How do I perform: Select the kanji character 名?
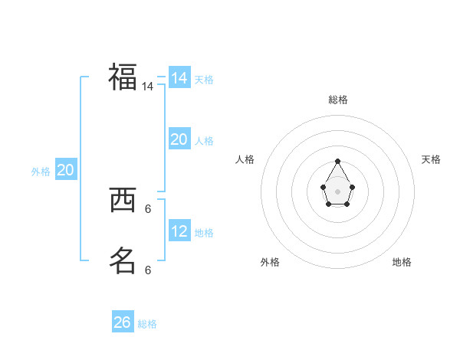tap(123, 260)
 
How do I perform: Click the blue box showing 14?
tap(179, 78)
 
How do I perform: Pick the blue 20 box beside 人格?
tap(179, 139)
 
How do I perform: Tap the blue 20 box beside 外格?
tap(65, 170)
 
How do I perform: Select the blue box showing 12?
tap(179, 231)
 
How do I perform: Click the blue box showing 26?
tap(123, 322)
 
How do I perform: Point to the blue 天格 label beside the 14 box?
tap(204, 80)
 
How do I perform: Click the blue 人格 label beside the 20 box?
tap(204, 141)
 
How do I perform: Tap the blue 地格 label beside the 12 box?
tap(204, 233)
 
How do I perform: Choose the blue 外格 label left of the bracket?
tap(41, 172)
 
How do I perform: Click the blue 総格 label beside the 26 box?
tap(147, 324)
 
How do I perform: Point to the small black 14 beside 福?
tap(147, 87)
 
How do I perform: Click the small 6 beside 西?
tap(147, 208)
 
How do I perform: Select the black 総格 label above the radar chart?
tap(338, 100)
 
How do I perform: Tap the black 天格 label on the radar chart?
tap(431, 159)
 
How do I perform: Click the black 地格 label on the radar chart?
tap(402, 262)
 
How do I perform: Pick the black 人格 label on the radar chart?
tap(245, 159)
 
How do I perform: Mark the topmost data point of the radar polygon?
tap(338, 161)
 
